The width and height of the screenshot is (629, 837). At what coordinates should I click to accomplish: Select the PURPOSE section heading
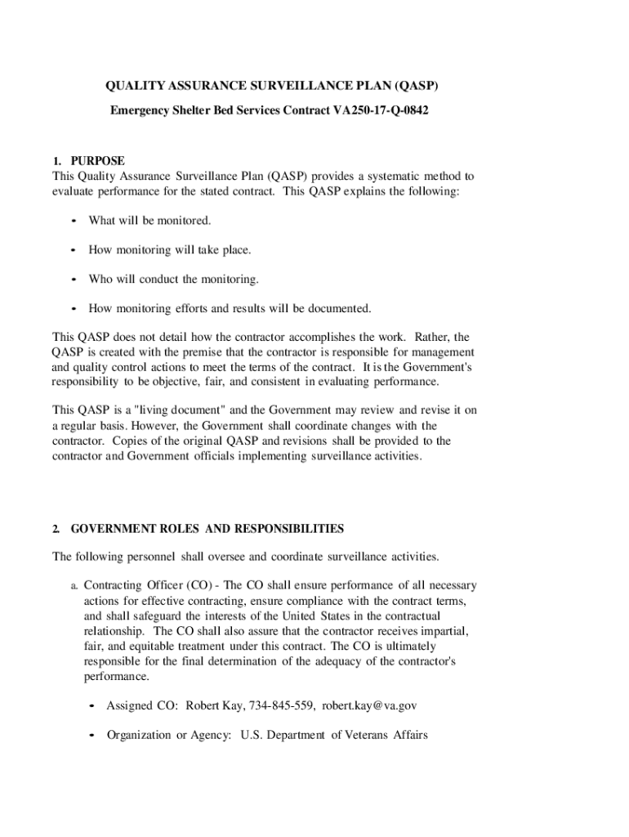point(97,161)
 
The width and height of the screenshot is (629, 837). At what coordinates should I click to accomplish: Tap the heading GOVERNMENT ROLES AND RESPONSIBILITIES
point(207,529)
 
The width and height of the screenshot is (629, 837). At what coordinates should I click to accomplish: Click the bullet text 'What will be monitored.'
point(149,221)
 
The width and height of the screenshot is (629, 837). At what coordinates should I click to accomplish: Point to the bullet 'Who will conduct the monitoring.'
point(173,280)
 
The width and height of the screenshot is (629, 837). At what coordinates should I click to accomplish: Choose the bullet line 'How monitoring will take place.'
point(170,250)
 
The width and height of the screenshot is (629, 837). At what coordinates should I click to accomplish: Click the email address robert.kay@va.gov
point(369,705)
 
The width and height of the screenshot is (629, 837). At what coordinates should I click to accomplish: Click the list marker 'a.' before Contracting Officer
point(74,586)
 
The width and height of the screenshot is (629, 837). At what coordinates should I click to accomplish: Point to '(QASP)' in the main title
point(422,86)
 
